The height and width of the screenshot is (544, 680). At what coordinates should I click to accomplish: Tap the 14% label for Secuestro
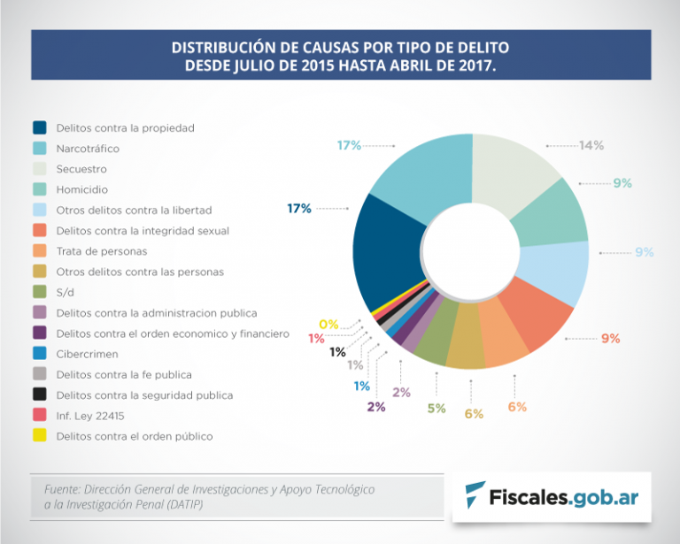click(591, 145)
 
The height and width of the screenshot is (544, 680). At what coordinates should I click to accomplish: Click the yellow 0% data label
click(328, 325)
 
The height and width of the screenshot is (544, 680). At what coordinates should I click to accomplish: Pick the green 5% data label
click(437, 408)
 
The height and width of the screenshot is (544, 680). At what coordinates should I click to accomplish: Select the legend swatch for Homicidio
click(40, 189)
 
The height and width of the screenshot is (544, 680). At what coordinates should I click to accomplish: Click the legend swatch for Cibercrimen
click(40, 354)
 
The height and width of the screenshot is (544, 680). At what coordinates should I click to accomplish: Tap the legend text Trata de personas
click(101, 251)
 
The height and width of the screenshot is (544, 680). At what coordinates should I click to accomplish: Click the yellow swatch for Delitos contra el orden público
click(40, 435)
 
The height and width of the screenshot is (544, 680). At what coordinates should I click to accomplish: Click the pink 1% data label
click(316, 338)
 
